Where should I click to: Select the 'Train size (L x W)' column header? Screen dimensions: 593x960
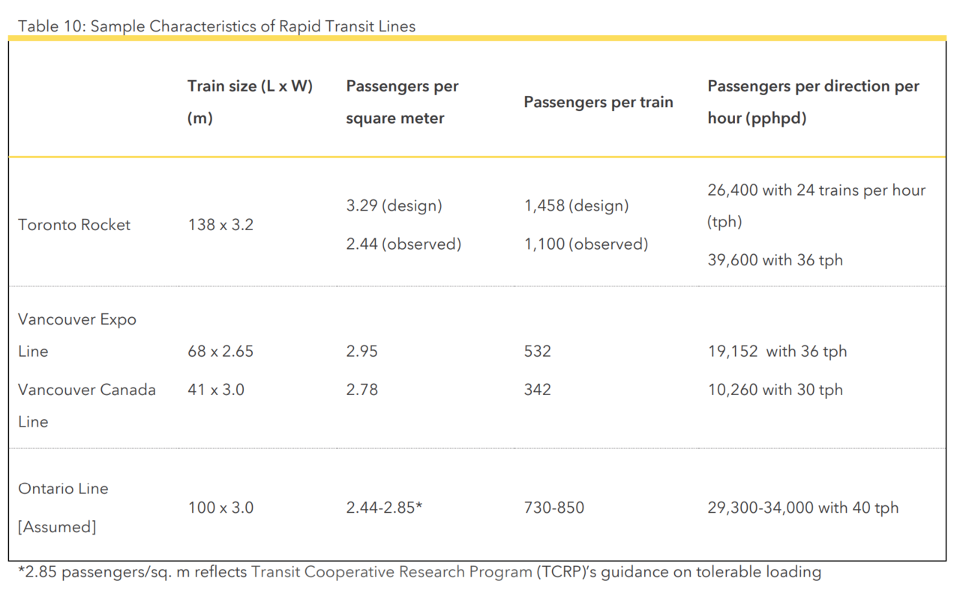(250, 86)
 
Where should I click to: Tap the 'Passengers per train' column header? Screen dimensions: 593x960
(598, 102)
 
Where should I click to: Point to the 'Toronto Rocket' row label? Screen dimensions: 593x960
(74, 225)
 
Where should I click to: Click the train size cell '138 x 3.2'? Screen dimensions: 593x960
(220, 225)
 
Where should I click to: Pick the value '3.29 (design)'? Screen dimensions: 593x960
(394, 205)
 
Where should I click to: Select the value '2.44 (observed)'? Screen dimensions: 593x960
(403, 244)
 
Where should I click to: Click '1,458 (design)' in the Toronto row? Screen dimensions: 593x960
(576, 205)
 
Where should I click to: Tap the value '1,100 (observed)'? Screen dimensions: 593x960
(586, 244)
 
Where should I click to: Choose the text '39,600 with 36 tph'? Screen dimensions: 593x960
(775, 260)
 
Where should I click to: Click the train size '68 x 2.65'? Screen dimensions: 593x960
(220, 351)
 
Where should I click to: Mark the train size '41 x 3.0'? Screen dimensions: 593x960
(216, 390)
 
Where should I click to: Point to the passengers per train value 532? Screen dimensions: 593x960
(537, 351)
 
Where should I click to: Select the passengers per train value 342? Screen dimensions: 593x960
(537, 390)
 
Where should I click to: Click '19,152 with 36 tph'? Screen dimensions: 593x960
(777, 351)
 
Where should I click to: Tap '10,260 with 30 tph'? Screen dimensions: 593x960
(775, 390)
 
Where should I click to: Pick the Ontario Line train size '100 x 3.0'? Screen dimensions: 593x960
(220, 508)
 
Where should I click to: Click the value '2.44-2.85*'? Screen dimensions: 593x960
(384, 508)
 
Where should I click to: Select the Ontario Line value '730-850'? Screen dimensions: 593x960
(553, 508)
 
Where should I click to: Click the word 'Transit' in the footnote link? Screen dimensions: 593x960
(276, 572)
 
